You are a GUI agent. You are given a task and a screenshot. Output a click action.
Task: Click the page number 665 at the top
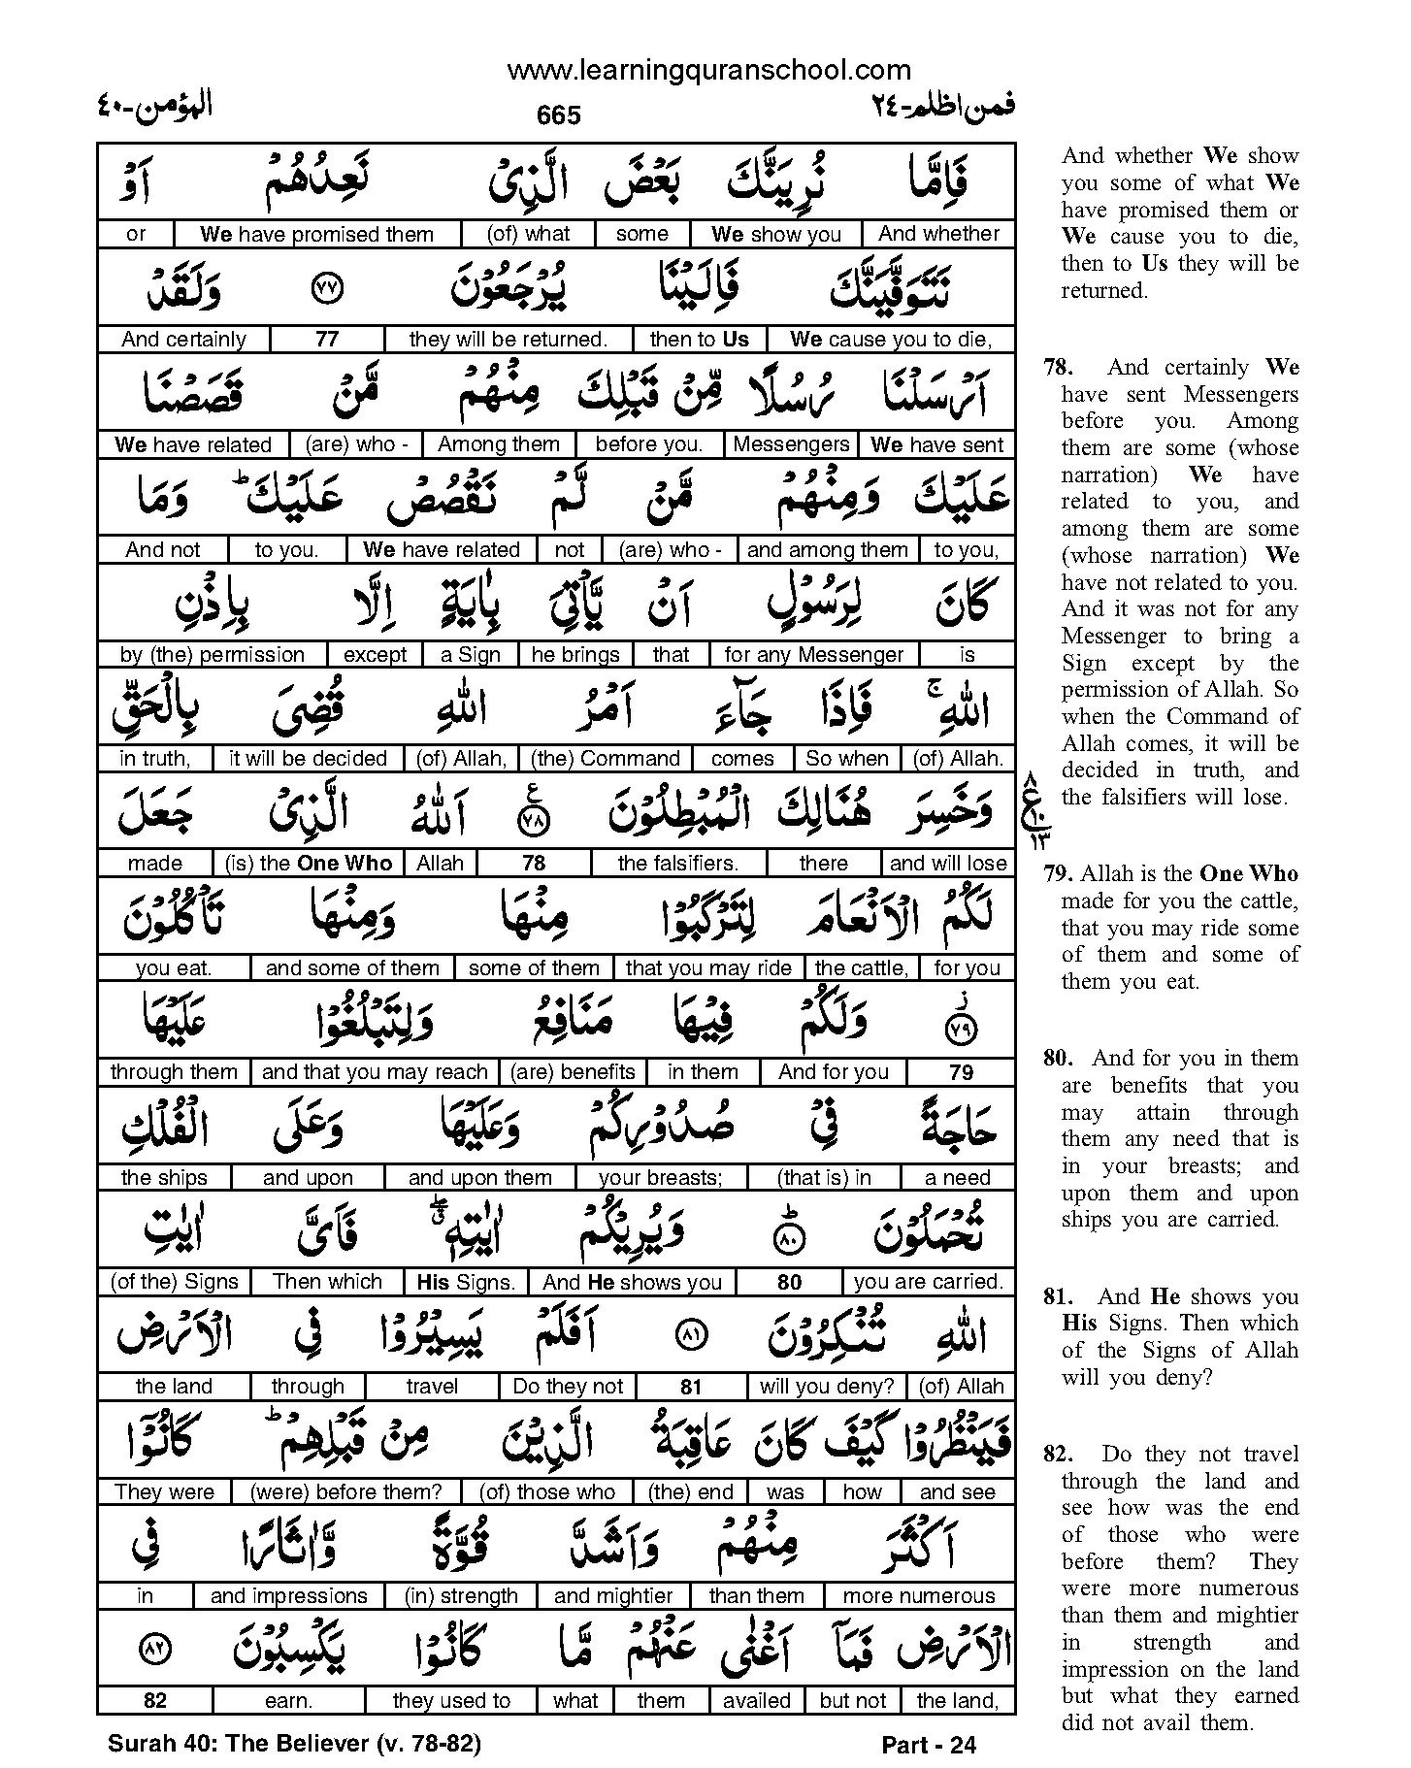[558, 115]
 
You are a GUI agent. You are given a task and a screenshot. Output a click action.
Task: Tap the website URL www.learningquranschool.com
[708, 70]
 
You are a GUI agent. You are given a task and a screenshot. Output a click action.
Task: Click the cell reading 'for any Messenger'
[813, 654]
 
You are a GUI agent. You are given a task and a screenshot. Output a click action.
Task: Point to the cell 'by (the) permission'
[213, 654]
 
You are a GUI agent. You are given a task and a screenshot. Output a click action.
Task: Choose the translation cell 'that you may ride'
[708, 967]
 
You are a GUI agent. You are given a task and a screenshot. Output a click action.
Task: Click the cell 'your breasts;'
[660, 1177]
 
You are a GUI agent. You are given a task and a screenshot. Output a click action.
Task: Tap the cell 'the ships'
[164, 1177]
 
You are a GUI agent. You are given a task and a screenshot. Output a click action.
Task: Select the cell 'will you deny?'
[827, 1386]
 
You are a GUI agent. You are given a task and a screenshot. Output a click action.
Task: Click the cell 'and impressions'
[288, 1595]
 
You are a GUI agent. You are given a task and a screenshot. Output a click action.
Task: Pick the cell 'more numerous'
[918, 1595]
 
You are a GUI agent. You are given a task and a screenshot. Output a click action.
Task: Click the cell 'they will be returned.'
[508, 339]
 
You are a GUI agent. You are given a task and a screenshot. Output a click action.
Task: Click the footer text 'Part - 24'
[929, 1745]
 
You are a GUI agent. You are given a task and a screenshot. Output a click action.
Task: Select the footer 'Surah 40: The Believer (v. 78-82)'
[294, 1743]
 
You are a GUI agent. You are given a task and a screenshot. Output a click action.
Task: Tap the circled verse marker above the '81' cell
[690, 1336]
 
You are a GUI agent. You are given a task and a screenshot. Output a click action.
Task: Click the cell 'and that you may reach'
[375, 1071]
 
